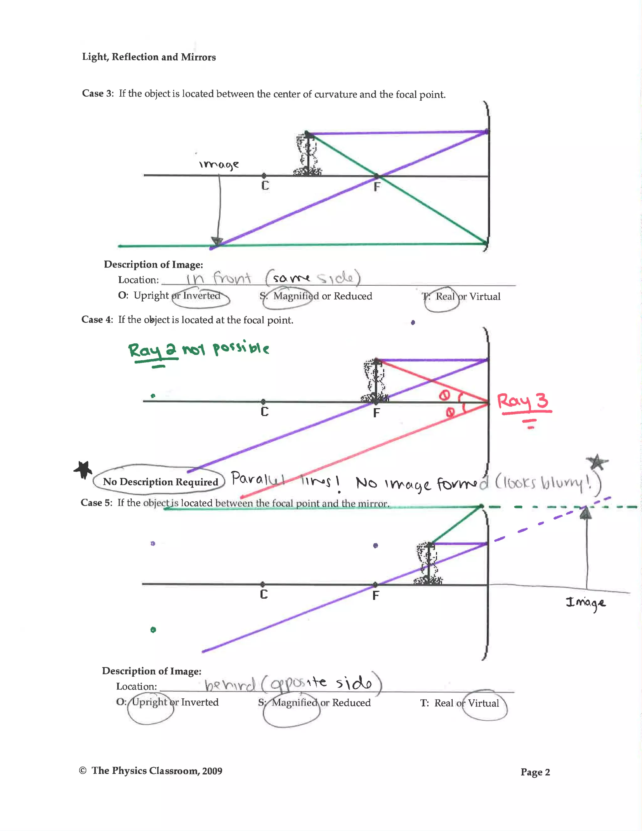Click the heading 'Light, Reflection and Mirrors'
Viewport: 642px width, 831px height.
[x=149, y=57]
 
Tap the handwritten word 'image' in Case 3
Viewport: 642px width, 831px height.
[x=219, y=164]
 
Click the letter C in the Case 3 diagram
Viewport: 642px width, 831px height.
[x=265, y=186]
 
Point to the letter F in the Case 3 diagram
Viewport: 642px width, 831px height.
[x=376, y=187]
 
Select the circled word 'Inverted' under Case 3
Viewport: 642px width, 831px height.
[x=202, y=296]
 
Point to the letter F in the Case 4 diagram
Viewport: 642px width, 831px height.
[x=376, y=413]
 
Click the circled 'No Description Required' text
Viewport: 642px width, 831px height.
[x=160, y=482]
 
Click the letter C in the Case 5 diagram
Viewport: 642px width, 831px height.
[x=264, y=594]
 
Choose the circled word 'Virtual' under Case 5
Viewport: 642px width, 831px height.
[x=483, y=703]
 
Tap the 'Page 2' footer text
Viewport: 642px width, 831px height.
[x=535, y=772]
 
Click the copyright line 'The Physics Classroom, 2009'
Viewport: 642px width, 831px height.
[x=157, y=771]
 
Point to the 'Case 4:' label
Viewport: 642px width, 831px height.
[x=97, y=320]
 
